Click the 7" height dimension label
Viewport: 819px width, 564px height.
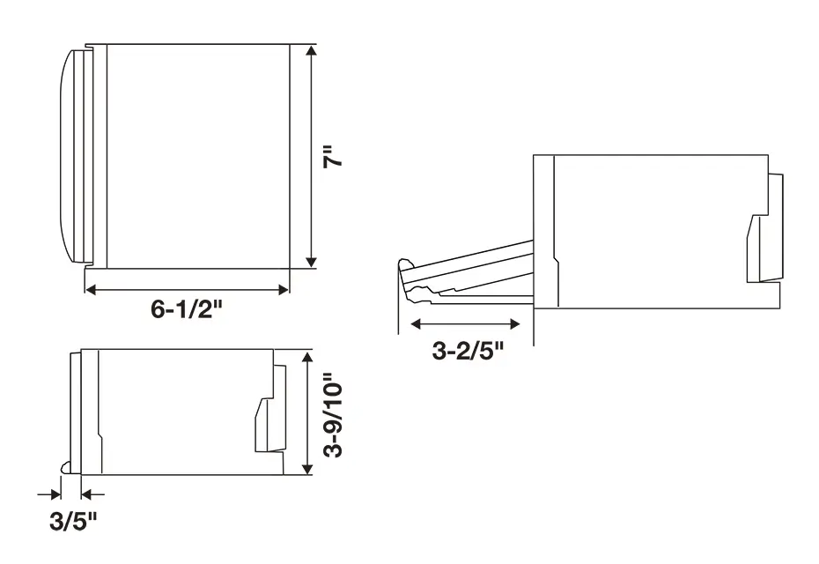(333, 156)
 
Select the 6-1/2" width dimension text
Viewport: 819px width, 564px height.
(187, 309)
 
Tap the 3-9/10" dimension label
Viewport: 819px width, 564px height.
(333, 415)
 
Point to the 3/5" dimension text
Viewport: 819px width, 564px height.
(74, 521)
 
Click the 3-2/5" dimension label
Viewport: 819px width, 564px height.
(468, 350)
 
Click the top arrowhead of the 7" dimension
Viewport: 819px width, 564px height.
(311, 51)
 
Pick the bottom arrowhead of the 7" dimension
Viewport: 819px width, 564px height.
(311, 263)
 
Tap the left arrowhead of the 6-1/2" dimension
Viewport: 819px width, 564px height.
(91, 289)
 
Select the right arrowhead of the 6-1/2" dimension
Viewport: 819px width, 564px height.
(284, 289)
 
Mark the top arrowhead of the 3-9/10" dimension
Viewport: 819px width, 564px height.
(307, 358)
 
